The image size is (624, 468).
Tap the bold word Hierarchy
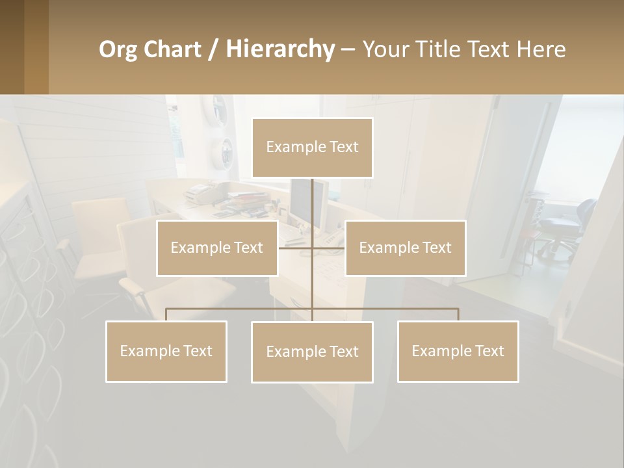279,49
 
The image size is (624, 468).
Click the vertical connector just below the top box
312,198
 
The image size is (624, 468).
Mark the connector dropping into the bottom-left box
166,315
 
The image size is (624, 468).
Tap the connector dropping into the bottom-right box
458,315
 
